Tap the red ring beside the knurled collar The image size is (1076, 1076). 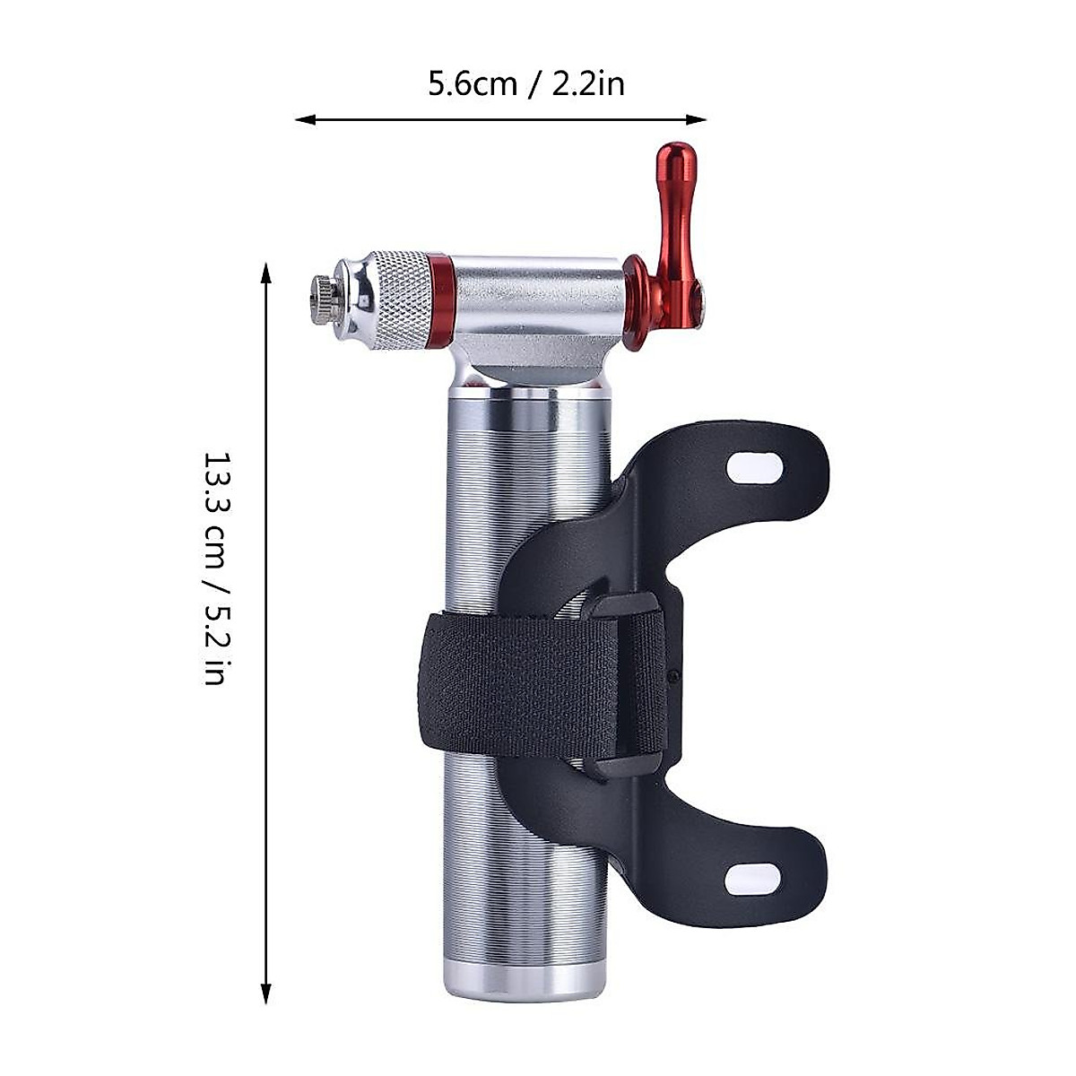440,299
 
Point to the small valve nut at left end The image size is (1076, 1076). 321,299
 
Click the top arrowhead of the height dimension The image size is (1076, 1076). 265,269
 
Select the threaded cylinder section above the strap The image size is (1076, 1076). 502,493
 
